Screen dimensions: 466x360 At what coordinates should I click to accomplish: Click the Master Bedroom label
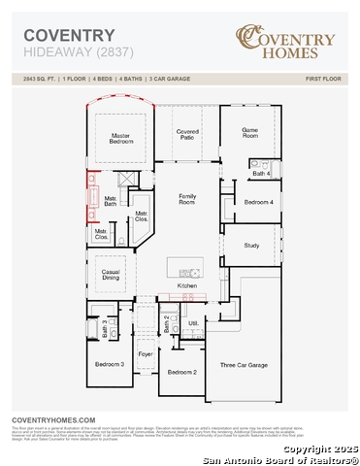tap(121, 138)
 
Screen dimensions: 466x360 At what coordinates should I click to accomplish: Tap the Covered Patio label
tap(188, 134)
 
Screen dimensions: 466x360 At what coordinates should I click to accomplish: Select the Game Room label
tap(250, 132)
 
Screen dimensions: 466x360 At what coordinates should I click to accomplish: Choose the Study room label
tap(251, 246)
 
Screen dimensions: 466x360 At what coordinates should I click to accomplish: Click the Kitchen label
tap(187, 285)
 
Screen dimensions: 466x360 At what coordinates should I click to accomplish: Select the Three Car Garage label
tap(244, 365)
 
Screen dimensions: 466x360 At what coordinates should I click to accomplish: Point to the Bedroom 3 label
tap(109, 364)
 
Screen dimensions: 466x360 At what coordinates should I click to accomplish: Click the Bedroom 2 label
tap(181, 372)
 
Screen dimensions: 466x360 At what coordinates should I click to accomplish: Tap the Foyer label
tap(146, 355)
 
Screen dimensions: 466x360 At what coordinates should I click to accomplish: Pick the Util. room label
tap(193, 323)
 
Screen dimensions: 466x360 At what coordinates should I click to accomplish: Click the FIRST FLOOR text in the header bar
tap(323, 76)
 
